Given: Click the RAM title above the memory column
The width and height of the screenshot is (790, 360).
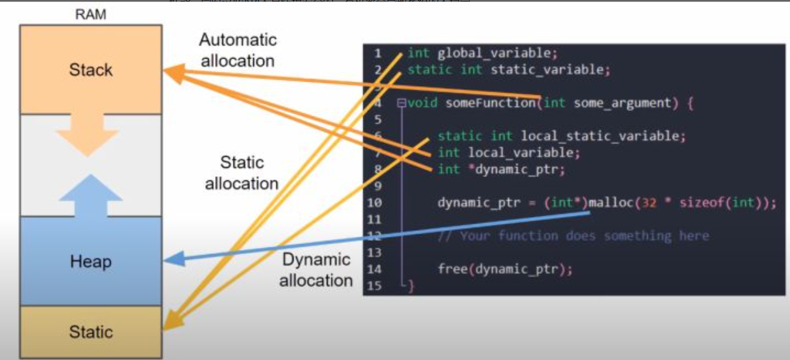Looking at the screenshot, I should tap(91, 15).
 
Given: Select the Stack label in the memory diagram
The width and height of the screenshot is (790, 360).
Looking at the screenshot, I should tap(91, 70).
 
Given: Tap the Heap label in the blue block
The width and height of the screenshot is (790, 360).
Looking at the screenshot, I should tap(91, 262).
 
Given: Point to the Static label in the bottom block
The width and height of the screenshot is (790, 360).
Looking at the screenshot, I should tap(91, 332).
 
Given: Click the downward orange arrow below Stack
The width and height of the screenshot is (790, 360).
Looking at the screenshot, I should tap(87, 135).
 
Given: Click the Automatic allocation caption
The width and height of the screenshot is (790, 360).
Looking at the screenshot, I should tap(237, 50).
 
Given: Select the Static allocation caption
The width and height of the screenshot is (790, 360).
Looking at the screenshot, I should tap(241, 173).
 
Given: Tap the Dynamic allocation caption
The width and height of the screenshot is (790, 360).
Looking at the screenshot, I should tap(316, 270).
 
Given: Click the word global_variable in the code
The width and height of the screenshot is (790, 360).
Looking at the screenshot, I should tap(498, 53).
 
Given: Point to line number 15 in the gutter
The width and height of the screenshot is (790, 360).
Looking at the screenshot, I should tap(375, 286).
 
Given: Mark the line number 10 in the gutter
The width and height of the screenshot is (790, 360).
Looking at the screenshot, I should tap(375, 203).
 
